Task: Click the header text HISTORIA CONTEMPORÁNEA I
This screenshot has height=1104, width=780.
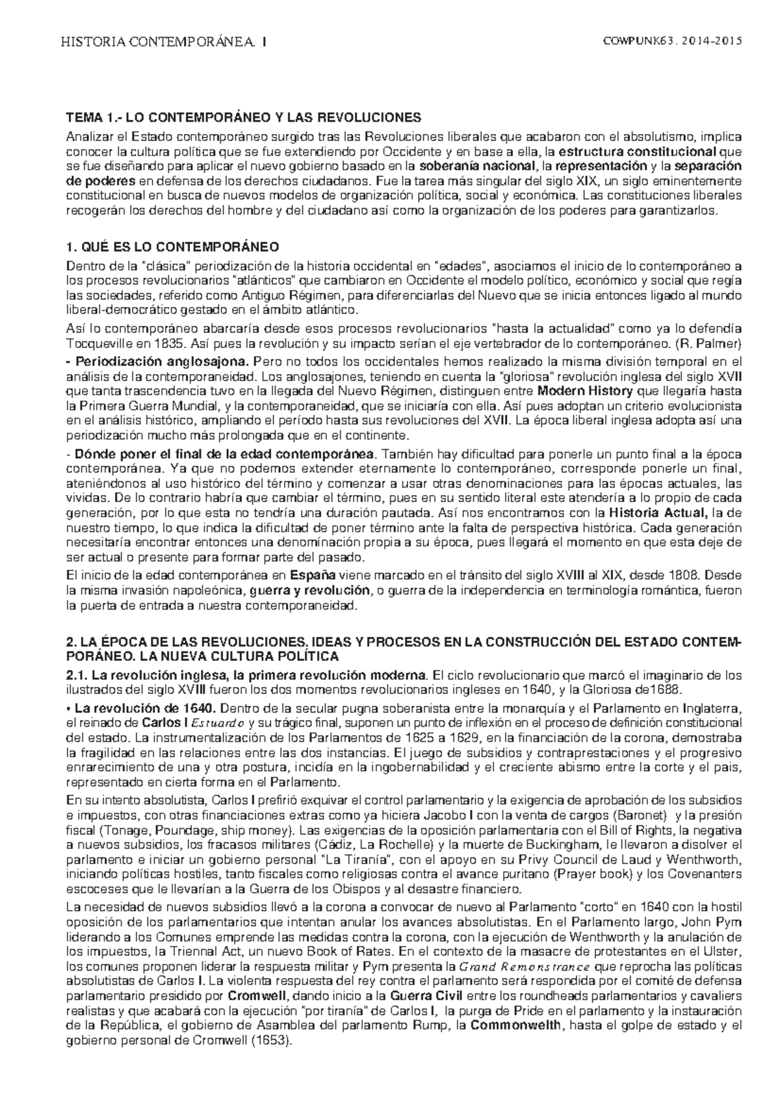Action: [162, 42]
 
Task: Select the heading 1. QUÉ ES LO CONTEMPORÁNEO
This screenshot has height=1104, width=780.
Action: [172, 247]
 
